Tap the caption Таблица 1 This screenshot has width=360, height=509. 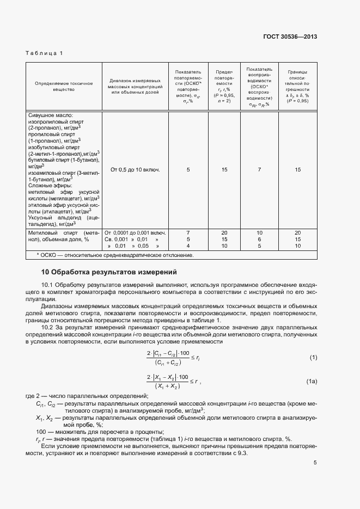tap(45, 53)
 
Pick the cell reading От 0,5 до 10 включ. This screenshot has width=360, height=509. tap(135, 170)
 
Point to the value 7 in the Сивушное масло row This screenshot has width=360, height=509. tap(260, 170)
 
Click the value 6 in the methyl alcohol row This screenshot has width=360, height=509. tap(260, 239)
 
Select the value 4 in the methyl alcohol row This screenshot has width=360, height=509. tap(188, 246)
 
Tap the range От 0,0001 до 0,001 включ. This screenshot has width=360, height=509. tap(135, 232)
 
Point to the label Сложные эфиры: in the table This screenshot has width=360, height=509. tap(50, 186)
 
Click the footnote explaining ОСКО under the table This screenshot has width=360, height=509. tap(114, 255)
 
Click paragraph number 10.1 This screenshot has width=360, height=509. tap(48, 284)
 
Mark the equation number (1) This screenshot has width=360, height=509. tap(313, 357)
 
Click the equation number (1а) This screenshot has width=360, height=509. tap(312, 381)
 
